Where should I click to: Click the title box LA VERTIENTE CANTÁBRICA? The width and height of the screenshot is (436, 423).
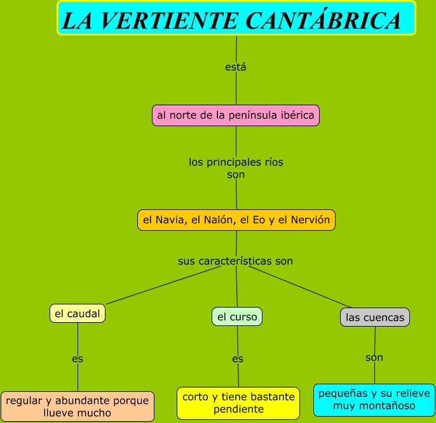[x=236, y=18]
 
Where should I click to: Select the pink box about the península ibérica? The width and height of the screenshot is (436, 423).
[x=236, y=115]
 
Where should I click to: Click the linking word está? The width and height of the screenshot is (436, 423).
[x=236, y=67]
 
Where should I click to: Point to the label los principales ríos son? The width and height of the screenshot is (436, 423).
[x=236, y=168]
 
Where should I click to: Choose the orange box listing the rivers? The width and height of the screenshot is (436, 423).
[x=236, y=220]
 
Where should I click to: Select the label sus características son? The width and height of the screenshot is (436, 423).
[x=235, y=261]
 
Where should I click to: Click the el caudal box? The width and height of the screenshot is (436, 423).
[x=78, y=313]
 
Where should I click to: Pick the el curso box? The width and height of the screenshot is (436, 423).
[x=237, y=316]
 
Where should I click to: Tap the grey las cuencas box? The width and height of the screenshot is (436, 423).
[x=375, y=317]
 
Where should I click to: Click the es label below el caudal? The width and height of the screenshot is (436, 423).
[x=78, y=358]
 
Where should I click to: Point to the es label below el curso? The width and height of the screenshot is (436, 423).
[x=238, y=359]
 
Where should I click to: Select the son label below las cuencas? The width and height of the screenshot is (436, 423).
[x=374, y=358]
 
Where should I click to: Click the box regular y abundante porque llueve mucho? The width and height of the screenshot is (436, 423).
[x=78, y=407]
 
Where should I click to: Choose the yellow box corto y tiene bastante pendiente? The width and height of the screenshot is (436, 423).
[x=238, y=403]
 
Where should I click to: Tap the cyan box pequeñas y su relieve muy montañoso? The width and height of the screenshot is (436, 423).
[x=374, y=400]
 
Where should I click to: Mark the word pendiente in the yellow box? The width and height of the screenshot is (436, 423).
[x=238, y=409]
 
